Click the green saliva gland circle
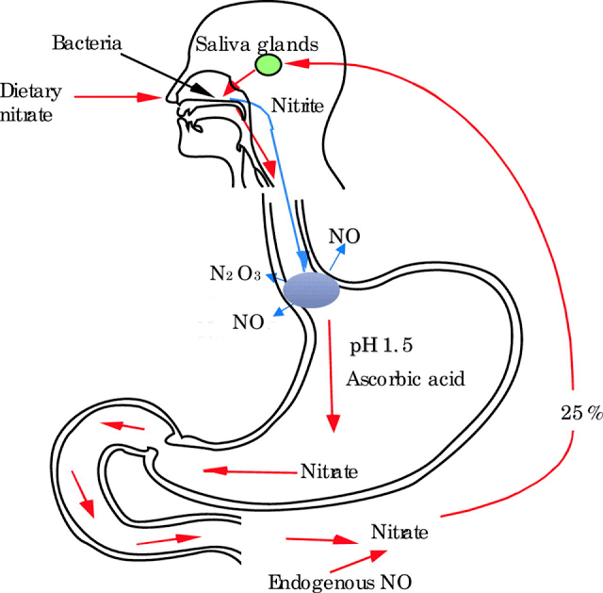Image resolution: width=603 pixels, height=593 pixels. (269, 65)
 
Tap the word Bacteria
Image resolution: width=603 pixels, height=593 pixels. (87, 42)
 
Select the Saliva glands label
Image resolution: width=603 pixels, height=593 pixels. (257, 44)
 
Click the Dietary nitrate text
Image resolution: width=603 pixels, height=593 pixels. (30, 103)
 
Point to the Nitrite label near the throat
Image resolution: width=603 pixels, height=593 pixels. (298, 106)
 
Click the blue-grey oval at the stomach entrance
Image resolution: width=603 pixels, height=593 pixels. (312, 289)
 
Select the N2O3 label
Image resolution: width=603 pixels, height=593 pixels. (236, 273)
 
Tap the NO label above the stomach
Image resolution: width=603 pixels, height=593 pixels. (344, 237)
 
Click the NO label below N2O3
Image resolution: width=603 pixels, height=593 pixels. (249, 322)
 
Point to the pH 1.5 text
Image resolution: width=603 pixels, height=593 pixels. (381, 346)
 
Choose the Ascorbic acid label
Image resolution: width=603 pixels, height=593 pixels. (405, 379)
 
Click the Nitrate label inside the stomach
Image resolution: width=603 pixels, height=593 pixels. (329, 471)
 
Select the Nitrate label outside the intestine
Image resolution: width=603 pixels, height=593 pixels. (399, 532)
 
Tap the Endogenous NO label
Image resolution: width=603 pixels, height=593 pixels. (340, 582)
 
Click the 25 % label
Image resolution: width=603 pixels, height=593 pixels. (581, 413)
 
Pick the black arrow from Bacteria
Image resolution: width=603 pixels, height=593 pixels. (168, 75)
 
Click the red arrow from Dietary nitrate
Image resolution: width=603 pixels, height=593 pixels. (118, 97)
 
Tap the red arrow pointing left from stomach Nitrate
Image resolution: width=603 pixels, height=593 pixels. (252, 471)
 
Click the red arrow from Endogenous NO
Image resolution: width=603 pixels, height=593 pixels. (358, 561)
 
